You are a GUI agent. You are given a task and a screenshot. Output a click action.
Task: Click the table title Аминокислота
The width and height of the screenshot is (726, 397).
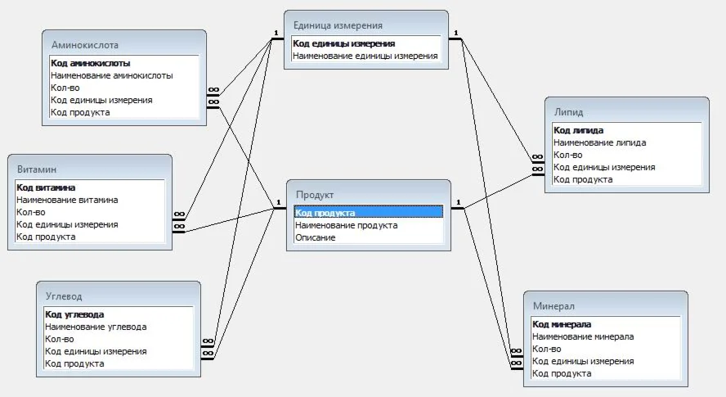click(84, 44)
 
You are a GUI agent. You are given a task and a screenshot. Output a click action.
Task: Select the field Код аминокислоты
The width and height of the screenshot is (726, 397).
click(90, 63)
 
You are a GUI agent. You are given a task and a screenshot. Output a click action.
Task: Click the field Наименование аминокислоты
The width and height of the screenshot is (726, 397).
click(111, 75)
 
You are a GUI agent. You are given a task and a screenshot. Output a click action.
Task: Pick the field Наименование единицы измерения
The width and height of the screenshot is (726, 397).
click(365, 56)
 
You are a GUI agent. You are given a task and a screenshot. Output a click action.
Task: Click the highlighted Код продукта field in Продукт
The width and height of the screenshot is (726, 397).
click(325, 213)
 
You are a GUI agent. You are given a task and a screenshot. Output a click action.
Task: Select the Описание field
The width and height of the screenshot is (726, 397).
click(316, 237)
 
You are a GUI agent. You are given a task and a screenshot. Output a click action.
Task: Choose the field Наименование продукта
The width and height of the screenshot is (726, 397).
click(346, 225)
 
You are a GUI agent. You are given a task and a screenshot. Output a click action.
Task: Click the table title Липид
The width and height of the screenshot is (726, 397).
click(568, 111)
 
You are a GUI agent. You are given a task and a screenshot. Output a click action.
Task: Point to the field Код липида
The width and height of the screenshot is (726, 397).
click(579, 130)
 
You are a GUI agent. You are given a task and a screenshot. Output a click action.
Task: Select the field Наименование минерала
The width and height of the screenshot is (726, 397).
click(583, 336)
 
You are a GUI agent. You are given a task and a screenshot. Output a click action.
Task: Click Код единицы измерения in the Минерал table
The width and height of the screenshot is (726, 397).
click(583, 361)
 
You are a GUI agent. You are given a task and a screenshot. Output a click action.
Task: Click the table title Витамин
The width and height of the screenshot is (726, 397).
click(37, 169)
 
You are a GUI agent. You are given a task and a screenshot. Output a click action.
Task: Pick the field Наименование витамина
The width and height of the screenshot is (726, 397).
click(67, 200)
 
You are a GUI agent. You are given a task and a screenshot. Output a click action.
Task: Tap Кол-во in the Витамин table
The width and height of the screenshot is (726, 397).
click(31, 212)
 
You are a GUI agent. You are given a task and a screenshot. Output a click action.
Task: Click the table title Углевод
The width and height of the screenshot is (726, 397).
click(64, 295)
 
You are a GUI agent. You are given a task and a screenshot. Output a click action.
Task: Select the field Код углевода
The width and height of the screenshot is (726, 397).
click(74, 314)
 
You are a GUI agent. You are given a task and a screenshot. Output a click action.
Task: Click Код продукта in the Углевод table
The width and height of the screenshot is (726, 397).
click(74, 363)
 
